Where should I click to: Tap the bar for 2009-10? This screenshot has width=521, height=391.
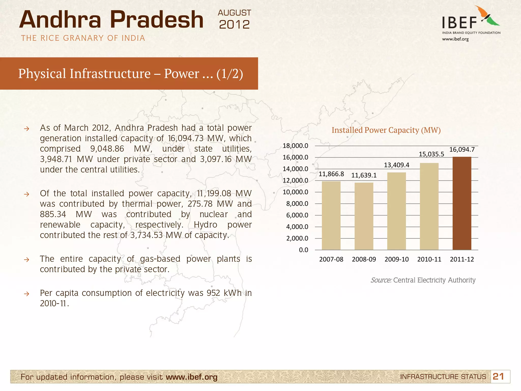pos(396,211)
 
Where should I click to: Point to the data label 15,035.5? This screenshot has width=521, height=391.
pos(431,154)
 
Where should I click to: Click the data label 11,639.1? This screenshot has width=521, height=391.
pos(364,175)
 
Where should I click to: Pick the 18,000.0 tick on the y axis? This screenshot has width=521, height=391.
pos(295,146)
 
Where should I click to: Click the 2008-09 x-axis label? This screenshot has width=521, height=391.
pos(364,259)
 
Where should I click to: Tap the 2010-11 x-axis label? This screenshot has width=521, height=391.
pos(429,259)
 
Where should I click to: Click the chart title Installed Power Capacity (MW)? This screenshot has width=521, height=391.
pos(386,130)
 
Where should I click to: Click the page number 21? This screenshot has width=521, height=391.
pos(498,376)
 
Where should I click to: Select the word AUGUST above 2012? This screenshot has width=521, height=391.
pos(234,13)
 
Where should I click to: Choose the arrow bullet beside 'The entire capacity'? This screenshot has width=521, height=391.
pos(26,260)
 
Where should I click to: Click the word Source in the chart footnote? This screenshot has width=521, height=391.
pos(381,280)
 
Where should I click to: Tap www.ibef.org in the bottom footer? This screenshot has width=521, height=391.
pos(192,377)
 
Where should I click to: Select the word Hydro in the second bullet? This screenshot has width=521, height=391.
pos(205,225)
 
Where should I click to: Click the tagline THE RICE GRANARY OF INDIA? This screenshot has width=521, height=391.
pos(83,38)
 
